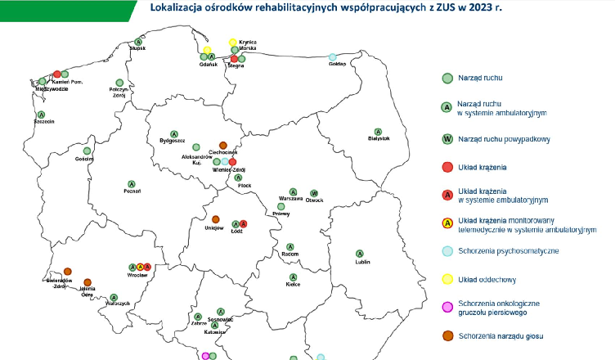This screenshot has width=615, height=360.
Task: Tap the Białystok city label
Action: [378, 139]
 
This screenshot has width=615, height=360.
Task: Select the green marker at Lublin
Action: [359, 254]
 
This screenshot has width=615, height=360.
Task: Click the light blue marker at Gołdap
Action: [332, 57]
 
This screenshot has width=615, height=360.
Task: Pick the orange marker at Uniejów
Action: [216, 219]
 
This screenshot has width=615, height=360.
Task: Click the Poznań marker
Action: [131, 183]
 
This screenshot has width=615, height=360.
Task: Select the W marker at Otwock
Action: [313, 193]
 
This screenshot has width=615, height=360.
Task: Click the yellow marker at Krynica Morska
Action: [233, 42]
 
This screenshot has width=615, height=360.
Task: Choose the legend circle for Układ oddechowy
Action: [447, 279]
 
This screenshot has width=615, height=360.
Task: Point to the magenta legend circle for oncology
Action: [447, 308]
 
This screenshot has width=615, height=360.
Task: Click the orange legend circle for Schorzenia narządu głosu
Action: [447, 335]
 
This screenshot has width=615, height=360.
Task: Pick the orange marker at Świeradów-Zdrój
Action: [67, 272]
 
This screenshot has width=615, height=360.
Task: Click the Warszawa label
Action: [291, 199]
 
